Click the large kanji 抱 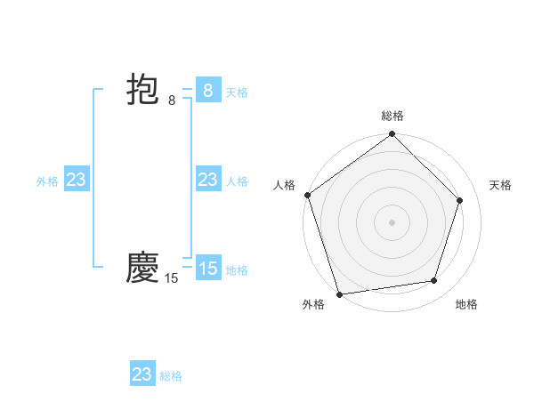142,91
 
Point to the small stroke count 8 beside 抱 172,100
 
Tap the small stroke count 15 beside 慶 171,278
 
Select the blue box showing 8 207,90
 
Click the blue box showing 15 207,268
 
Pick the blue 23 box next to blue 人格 207,180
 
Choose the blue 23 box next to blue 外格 77,180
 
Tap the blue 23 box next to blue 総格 142,374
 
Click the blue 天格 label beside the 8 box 237,92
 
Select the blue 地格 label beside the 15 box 237,270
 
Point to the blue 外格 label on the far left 47,181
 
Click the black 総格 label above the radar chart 392,116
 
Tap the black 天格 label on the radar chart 500,185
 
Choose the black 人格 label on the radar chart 285,185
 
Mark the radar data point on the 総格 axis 392,134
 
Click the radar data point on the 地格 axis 434,280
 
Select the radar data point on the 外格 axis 339,293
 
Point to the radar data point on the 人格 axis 308,195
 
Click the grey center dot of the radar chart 392,222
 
